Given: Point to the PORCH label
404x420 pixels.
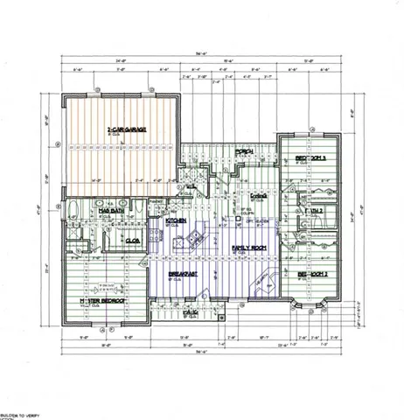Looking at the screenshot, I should pyautogui.click(x=246, y=151).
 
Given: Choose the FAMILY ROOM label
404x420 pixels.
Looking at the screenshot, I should pyautogui.click(x=249, y=249).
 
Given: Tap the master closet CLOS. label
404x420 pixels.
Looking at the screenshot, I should pyautogui.click(x=135, y=240).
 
